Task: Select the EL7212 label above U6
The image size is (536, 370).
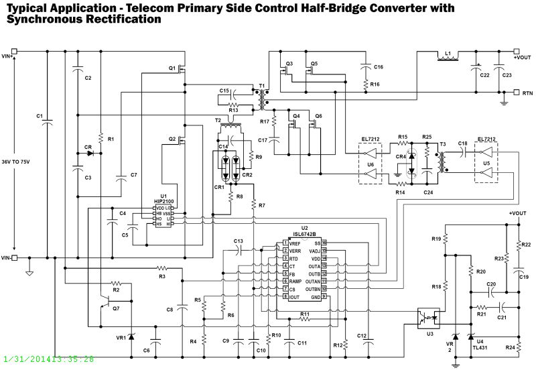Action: click(371, 140)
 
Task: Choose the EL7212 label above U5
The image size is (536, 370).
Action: click(486, 139)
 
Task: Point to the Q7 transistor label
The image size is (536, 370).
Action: click(116, 308)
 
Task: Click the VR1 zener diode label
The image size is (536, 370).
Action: click(121, 337)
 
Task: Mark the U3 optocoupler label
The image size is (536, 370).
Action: click(429, 333)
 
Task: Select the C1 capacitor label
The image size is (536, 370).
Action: click(40, 115)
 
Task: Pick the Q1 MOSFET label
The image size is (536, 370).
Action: click(172, 68)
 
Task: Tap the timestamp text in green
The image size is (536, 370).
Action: click(48, 359)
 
